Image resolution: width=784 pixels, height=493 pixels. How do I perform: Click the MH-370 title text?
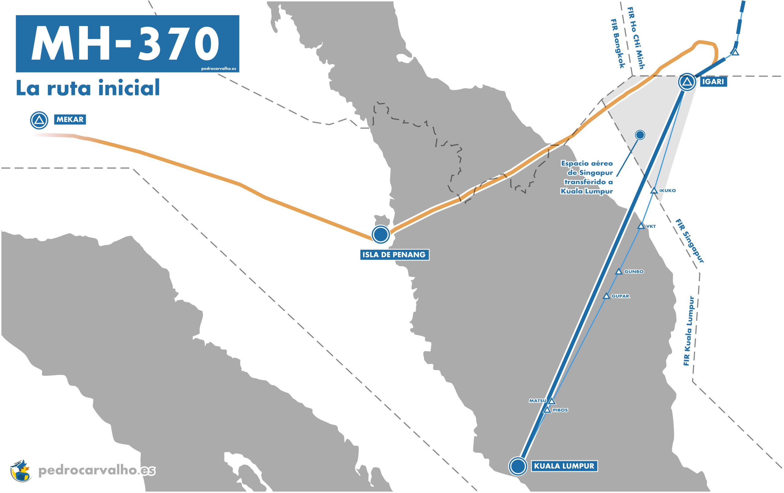pyautogui.click(x=125, y=43)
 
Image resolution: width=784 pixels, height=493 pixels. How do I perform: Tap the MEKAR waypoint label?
pyautogui.click(x=70, y=119)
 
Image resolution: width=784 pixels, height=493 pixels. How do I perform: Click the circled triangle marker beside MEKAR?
pyautogui.click(x=39, y=120)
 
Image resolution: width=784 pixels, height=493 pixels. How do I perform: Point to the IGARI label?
pyautogui.click(x=713, y=82)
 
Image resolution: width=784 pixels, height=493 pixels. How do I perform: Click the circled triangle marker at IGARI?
pyautogui.click(x=687, y=82)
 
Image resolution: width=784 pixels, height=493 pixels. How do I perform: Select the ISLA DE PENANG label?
pyautogui.click(x=394, y=255)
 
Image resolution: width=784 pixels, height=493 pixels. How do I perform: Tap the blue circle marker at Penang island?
pyautogui.click(x=380, y=234)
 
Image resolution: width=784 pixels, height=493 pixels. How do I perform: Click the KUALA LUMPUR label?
pyautogui.click(x=564, y=466)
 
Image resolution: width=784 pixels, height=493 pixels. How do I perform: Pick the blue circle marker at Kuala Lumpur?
pyautogui.click(x=518, y=466)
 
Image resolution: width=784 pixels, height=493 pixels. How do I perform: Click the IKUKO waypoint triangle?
pyautogui.click(x=654, y=191)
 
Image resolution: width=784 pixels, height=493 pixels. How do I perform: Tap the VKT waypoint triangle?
pyautogui.click(x=641, y=226)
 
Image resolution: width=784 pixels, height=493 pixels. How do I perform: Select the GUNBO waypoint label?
pyautogui.click(x=634, y=271)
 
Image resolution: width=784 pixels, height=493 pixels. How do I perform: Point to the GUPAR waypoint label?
pyautogui.click(x=620, y=296)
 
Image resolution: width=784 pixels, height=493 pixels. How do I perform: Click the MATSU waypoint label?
pyautogui.click(x=537, y=401)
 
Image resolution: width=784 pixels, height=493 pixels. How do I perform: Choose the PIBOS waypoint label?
pyautogui.click(x=560, y=410)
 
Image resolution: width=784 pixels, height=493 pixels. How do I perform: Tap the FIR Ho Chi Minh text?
pyautogui.click(x=636, y=38)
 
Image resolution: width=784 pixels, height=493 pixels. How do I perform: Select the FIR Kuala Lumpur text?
pyautogui.click(x=689, y=331)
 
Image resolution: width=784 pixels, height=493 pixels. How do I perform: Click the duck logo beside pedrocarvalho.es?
pyautogui.click(x=21, y=471)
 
